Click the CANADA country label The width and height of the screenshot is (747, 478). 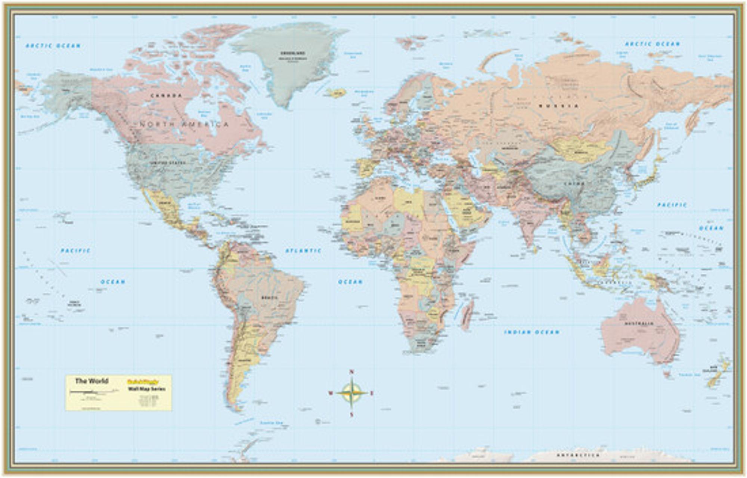tap(166, 96)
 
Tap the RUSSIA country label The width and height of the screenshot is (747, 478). tap(558, 106)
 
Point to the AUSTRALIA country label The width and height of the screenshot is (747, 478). tap(639, 323)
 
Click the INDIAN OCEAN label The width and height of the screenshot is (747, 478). tap(531, 332)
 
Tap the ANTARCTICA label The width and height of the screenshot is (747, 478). tap(578, 455)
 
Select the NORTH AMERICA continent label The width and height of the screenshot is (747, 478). tap(184, 124)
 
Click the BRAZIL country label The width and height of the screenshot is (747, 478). tap(269, 298)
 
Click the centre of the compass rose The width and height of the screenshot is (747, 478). tap(351, 393)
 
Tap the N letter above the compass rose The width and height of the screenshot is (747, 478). tap(351, 372)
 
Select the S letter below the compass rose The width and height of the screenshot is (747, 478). tap(351, 415)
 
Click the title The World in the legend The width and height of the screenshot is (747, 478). tap(92, 381)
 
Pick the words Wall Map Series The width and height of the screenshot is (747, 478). tap(146, 389)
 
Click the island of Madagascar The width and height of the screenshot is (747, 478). tap(468, 316)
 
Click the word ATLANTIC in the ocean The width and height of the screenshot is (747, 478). tap(303, 251)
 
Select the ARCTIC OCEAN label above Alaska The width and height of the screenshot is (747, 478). tap(53, 46)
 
